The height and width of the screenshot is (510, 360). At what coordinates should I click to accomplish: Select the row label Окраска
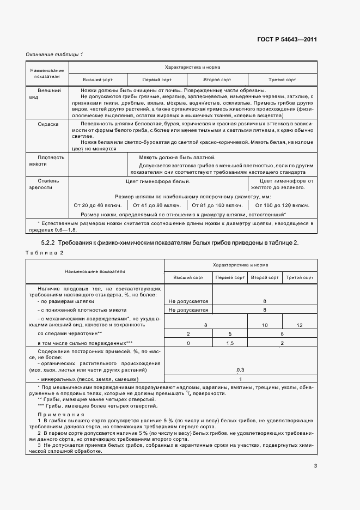pyautogui.click(x=48, y=124)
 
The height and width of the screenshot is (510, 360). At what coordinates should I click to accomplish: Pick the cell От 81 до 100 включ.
pyautogui.click(x=217, y=205)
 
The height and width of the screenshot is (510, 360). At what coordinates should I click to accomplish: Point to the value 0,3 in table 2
pyautogui.click(x=241, y=369)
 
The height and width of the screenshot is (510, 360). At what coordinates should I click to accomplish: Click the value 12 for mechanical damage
pyautogui.click(x=300, y=325)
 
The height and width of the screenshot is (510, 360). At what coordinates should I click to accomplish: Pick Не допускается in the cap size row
pyautogui.click(x=188, y=301)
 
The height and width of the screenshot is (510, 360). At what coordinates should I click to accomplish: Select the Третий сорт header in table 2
pyautogui.click(x=300, y=277)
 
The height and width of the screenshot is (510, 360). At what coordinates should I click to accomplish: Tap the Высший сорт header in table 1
pyautogui.click(x=97, y=79)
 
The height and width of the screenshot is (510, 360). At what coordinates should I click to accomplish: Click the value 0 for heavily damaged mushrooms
pyautogui.click(x=188, y=343)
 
